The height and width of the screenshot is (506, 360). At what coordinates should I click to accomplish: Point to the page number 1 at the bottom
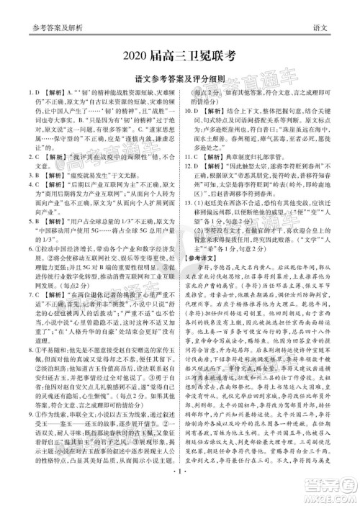(x=180, y=497)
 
